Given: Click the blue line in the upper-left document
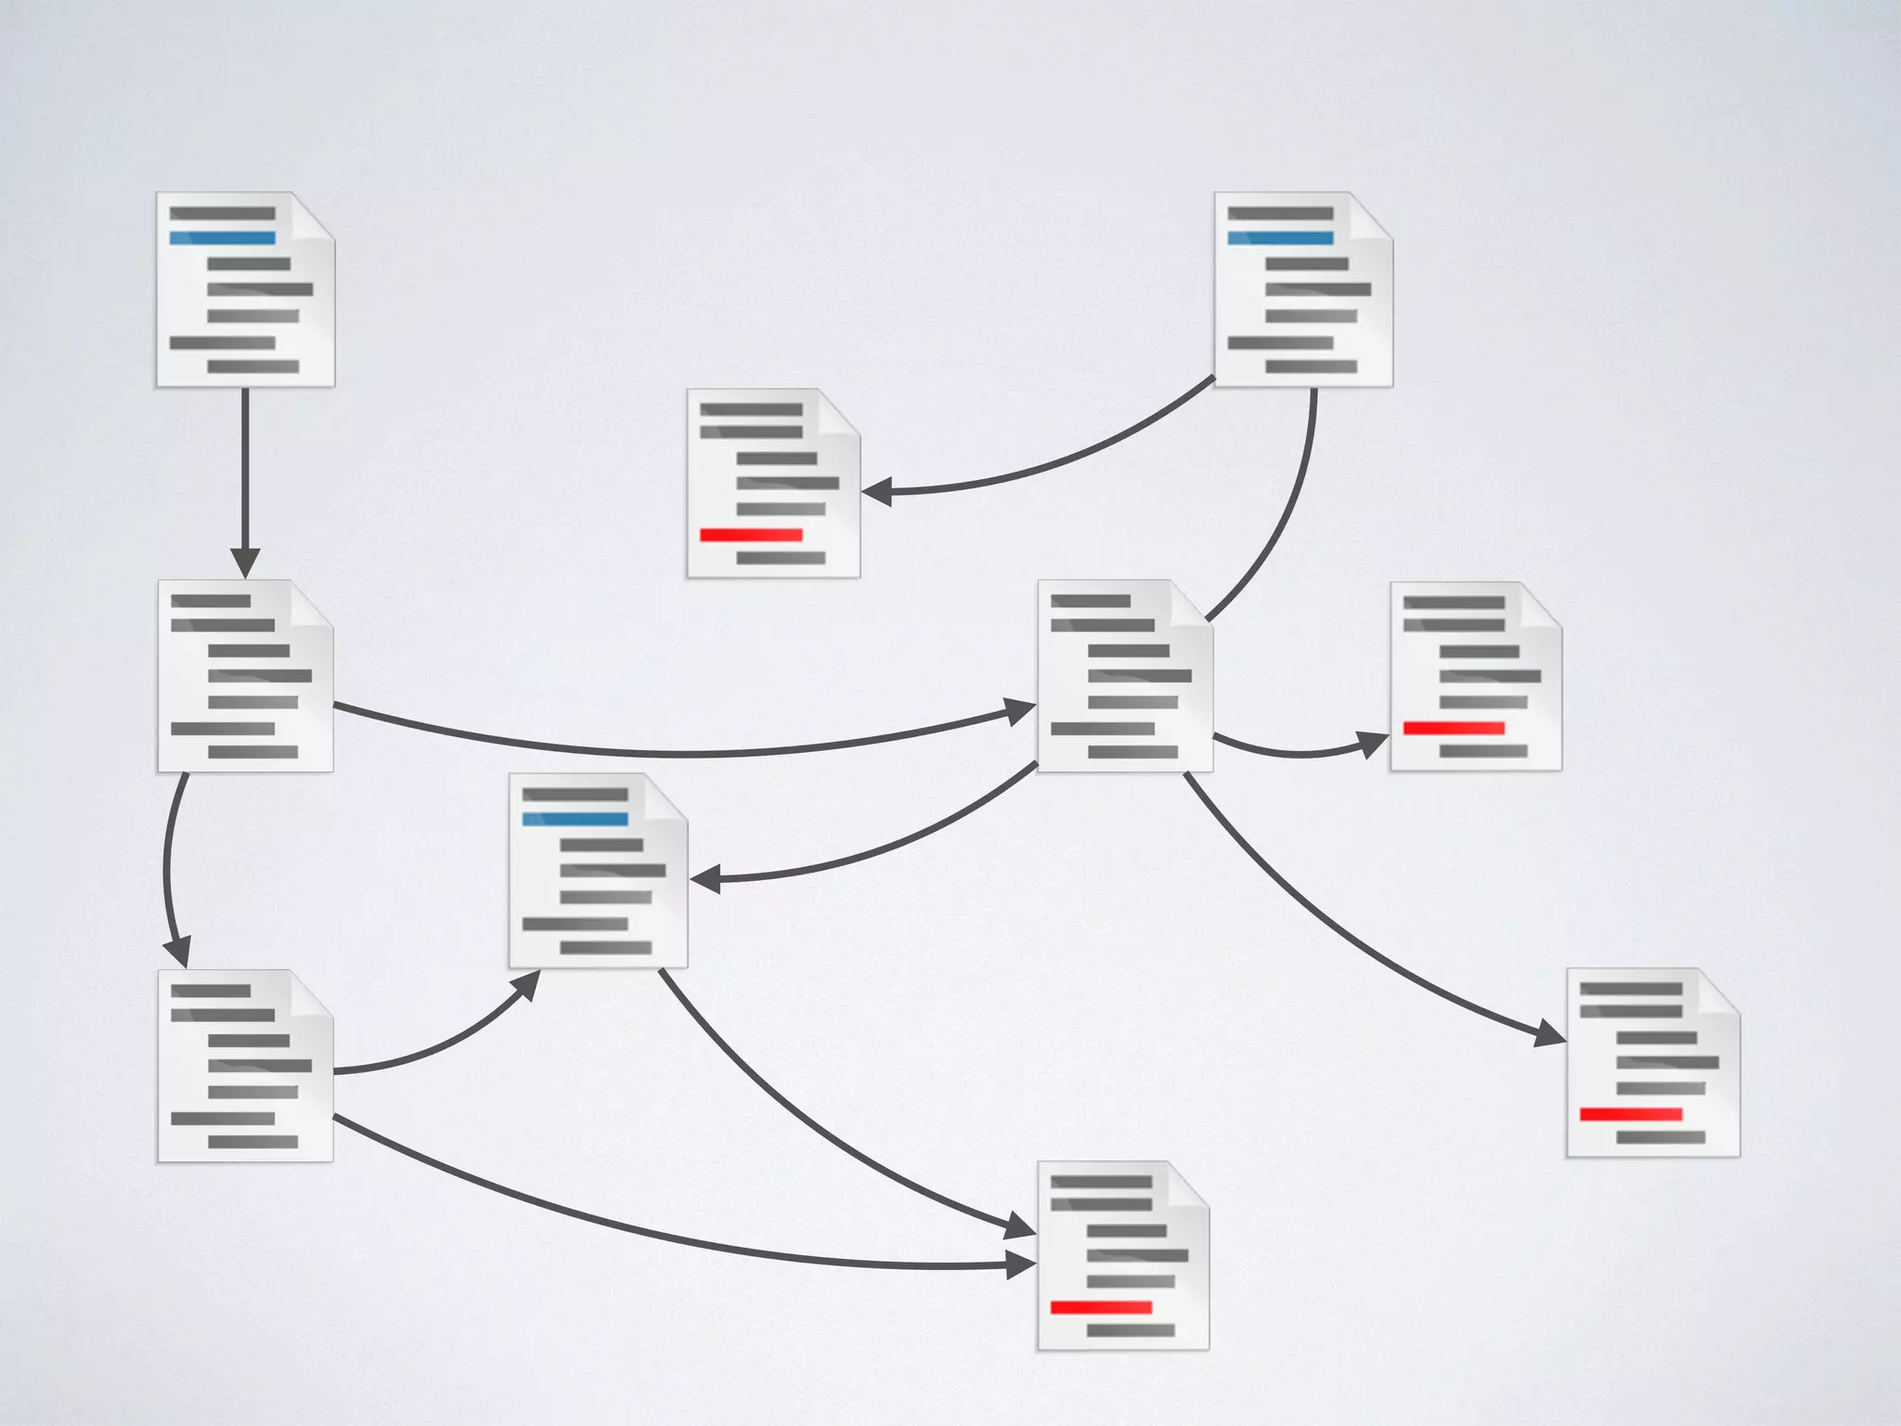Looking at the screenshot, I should (x=223, y=239).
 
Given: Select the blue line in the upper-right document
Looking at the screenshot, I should (x=1280, y=239).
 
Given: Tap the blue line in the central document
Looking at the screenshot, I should (x=575, y=819).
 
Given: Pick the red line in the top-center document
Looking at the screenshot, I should (x=751, y=536).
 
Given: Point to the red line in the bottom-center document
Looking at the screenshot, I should (x=1101, y=1307).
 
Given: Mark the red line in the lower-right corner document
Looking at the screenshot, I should (x=1631, y=1114).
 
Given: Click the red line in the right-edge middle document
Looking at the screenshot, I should (x=1454, y=729).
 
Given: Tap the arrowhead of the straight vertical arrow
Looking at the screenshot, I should (x=245, y=563).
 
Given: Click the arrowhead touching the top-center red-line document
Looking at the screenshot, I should (x=876, y=491).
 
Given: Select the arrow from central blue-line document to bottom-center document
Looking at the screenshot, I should (x=817, y=1133).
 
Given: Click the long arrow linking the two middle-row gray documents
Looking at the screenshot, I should (x=687, y=753).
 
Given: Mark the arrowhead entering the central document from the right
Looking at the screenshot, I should (x=705, y=878).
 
